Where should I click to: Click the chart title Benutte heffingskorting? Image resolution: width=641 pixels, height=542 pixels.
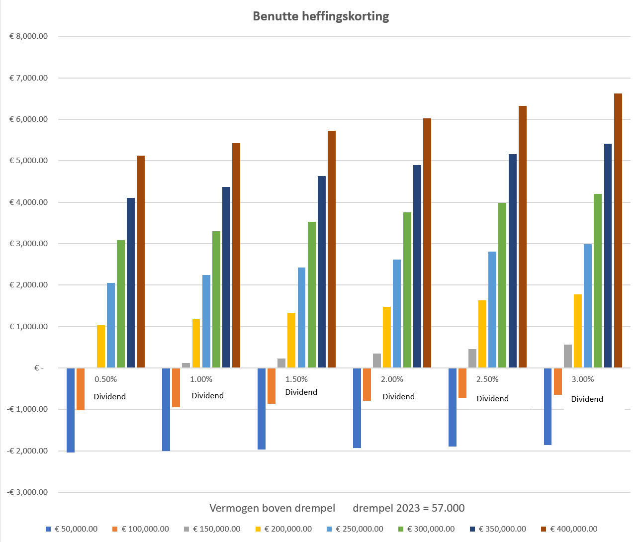(x=321, y=16)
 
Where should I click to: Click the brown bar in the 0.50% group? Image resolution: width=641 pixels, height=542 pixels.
(x=141, y=262)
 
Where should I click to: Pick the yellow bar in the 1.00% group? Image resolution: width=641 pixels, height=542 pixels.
(x=196, y=343)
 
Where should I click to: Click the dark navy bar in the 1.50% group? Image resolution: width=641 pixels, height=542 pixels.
(x=322, y=271)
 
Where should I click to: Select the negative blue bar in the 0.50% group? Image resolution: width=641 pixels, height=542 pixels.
(x=71, y=410)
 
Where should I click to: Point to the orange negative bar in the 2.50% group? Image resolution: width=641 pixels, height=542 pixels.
(x=462, y=383)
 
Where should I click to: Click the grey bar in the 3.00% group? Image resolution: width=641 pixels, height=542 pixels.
(x=568, y=356)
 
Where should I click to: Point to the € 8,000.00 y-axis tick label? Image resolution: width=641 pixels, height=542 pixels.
(x=29, y=36)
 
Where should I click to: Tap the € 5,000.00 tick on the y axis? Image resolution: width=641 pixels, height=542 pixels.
(x=29, y=161)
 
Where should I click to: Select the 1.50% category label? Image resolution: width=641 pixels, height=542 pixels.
(x=296, y=379)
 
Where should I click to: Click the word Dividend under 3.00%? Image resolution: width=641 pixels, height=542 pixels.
(x=587, y=399)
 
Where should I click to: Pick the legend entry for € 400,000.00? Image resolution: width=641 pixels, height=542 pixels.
(x=573, y=529)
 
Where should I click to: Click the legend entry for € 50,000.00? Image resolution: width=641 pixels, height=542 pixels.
(x=76, y=529)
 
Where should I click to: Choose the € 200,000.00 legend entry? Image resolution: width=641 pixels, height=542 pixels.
(x=287, y=529)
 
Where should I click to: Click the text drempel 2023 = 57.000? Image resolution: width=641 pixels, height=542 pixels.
(x=408, y=508)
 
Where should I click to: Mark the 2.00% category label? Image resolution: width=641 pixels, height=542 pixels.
(x=392, y=379)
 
